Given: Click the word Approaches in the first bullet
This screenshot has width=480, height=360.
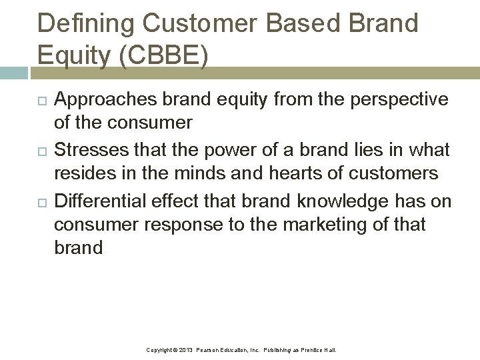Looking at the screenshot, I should (103, 99).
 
